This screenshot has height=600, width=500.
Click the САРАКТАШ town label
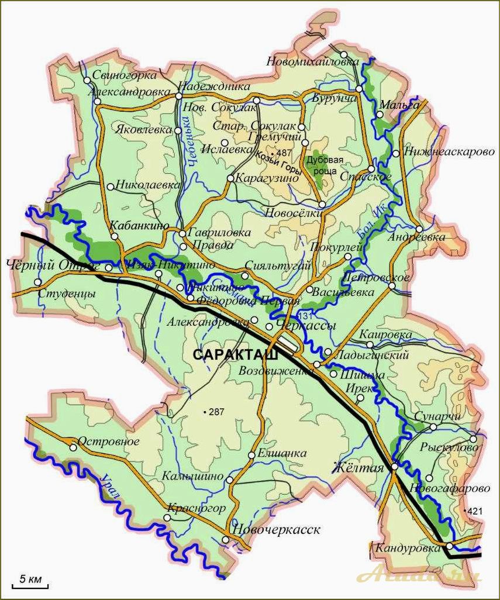(x=234, y=354)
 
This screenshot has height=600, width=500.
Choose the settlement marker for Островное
(x=73, y=448)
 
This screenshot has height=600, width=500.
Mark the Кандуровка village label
(x=408, y=548)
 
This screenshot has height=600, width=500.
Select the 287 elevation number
(x=216, y=412)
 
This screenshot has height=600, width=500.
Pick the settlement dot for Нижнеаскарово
(x=396, y=154)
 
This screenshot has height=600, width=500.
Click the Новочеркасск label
(x=277, y=530)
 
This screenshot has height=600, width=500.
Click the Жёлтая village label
(x=358, y=468)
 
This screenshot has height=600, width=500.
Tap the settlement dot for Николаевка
(x=111, y=187)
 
